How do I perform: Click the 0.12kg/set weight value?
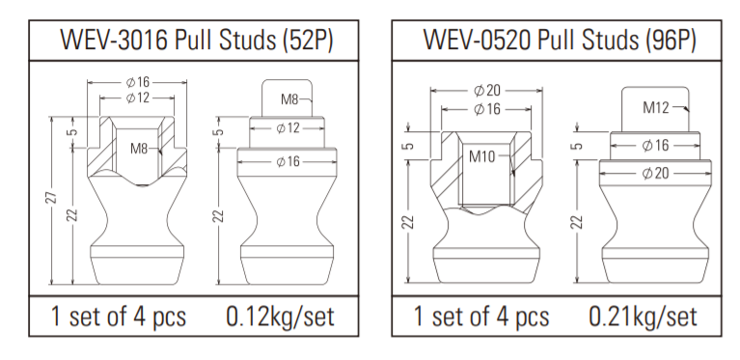(x=280, y=316)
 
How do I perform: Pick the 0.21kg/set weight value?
(x=644, y=316)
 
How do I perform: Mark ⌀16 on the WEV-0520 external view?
(x=657, y=145)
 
